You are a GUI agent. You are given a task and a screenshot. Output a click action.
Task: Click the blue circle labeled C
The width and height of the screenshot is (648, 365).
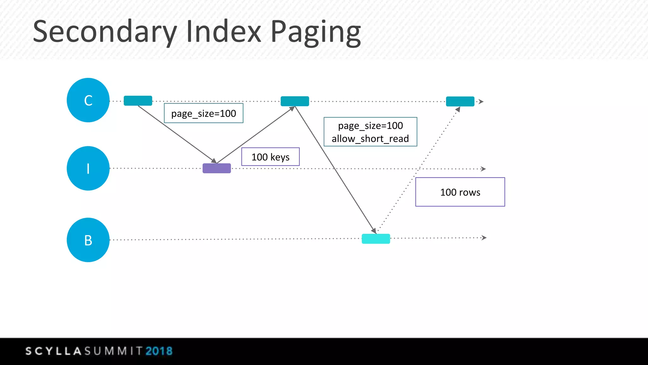click(88, 100)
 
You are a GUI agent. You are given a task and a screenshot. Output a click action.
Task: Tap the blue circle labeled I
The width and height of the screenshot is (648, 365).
click(88, 168)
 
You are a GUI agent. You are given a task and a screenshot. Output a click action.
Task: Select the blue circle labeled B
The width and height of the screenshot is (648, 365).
click(88, 240)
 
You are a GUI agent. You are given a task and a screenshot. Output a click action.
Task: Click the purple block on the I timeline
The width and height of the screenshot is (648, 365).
click(217, 168)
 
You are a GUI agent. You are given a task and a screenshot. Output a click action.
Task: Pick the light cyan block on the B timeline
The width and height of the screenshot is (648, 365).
click(376, 239)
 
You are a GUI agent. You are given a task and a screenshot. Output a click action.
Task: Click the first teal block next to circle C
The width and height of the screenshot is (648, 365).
click(138, 101)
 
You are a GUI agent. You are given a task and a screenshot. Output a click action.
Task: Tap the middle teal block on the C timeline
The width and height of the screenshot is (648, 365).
click(295, 101)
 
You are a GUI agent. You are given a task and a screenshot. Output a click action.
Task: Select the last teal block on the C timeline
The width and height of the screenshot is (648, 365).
click(460, 101)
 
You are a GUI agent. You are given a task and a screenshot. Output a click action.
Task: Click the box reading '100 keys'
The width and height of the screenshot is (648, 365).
click(271, 157)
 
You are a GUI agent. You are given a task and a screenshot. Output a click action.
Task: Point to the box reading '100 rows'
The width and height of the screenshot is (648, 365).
click(460, 192)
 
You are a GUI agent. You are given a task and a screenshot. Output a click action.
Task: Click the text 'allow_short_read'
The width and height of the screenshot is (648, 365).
click(370, 139)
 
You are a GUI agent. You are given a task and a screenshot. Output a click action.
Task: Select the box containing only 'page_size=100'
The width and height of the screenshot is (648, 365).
click(204, 113)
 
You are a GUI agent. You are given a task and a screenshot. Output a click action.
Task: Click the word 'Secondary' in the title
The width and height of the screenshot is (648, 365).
click(105, 32)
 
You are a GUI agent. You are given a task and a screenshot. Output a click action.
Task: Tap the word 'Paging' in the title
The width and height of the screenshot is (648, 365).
click(316, 32)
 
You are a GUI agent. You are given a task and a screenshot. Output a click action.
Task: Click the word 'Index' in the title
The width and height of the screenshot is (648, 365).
click(224, 31)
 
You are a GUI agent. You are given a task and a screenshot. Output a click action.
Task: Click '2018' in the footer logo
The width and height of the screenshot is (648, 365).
click(159, 351)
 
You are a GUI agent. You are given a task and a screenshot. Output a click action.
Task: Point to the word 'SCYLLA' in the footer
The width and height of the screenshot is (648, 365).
click(54, 351)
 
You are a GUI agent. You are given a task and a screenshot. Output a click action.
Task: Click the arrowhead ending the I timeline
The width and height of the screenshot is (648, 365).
click(483, 169)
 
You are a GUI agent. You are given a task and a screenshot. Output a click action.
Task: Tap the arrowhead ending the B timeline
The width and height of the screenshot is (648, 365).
click(484, 238)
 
